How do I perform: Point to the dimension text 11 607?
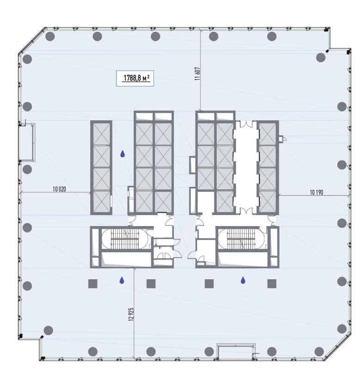coord(197,74)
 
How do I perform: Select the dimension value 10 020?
coord(59,189)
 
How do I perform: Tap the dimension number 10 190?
coord(317,192)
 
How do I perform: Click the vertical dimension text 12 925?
coord(131,314)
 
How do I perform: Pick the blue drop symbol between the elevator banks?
coord(122,154)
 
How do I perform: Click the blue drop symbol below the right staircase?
coord(243,280)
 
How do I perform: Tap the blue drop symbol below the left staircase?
coord(122,280)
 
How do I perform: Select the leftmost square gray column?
coord(92,284)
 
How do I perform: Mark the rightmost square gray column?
coord(272,284)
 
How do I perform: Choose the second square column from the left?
coord(151,284)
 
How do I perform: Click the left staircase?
coord(125,239)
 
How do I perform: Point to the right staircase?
coord(241,239)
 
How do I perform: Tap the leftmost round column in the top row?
coord(50,37)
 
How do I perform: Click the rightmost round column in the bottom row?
coord(319,351)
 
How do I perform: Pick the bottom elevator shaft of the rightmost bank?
coord(268,201)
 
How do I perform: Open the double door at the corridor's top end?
coord(246,124)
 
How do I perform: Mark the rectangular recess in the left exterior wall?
coord(27,142)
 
